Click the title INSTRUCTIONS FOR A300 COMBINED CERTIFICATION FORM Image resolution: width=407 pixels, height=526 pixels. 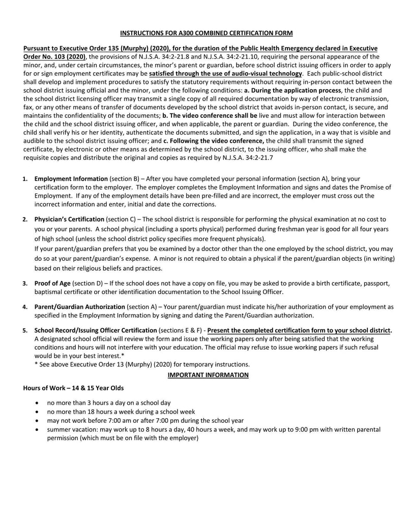click(x=206, y=33)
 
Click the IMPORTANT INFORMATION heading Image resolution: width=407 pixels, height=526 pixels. click(x=208, y=375)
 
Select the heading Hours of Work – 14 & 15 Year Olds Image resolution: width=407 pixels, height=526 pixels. click(x=73, y=388)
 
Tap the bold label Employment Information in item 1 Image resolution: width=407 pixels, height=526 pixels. click(x=71, y=179)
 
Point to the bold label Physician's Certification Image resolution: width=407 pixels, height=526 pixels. click(x=69, y=219)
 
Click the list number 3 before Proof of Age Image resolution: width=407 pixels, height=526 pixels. click(x=25, y=283)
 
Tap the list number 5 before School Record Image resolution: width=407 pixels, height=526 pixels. click(x=25, y=331)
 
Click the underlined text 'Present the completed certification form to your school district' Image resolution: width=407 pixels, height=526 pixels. click(x=299, y=330)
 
